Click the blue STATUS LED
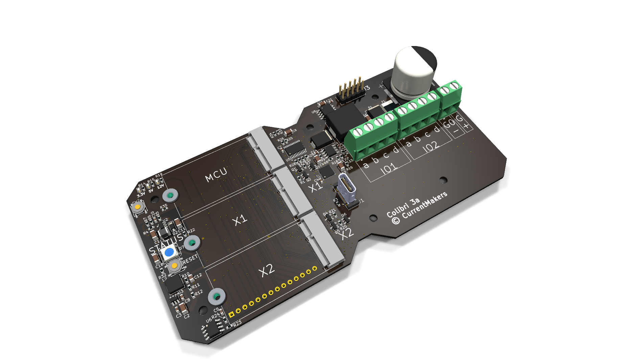click(169, 252)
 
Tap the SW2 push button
click(138, 207)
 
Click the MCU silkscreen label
click(216, 175)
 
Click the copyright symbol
click(395, 221)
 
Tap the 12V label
click(160, 186)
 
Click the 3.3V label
click(141, 195)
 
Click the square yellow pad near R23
click(231, 315)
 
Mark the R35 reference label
click(164, 206)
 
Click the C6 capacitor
click(288, 132)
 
